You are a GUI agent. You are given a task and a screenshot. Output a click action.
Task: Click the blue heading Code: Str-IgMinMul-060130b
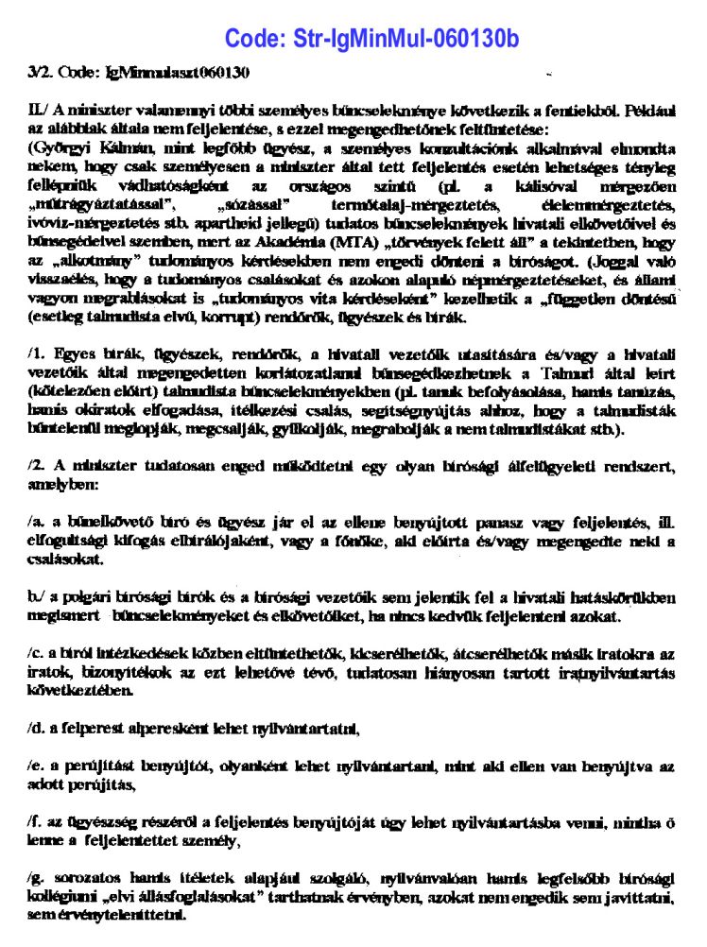(x=371, y=39)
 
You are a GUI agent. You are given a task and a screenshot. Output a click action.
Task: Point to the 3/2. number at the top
(x=42, y=73)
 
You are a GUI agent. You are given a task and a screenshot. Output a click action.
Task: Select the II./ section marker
(x=40, y=111)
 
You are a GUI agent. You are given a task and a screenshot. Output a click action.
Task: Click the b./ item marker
(x=38, y=597)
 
